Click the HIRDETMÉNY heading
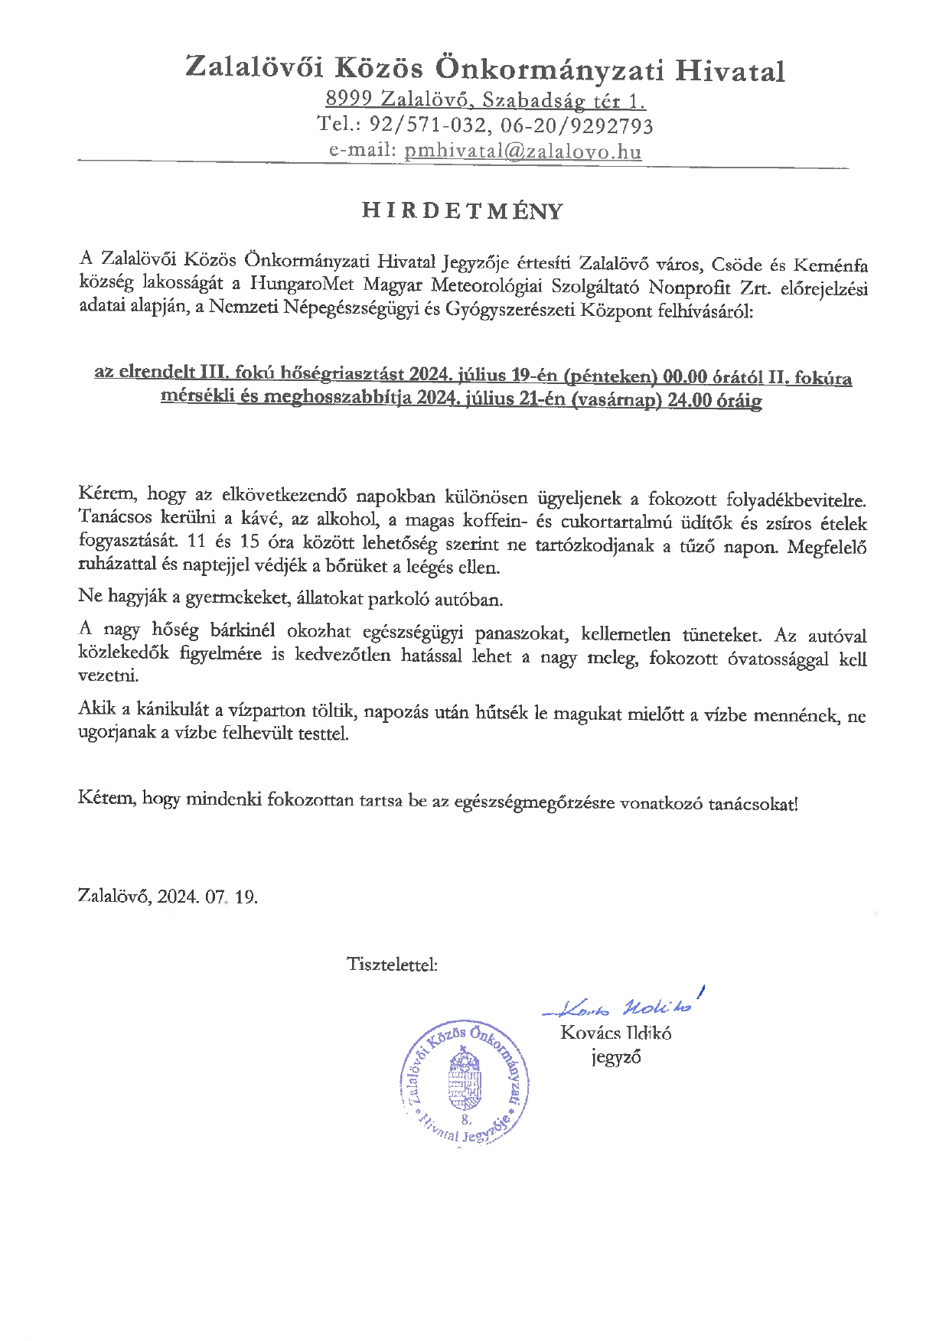[x=462, y=211]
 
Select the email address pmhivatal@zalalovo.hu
[x=523, y=151]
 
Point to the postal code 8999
[x=348, y=99]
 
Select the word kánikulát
[x=174, y=709]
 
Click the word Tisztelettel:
[x=392, y=964]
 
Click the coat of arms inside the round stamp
[x=465, y=1078]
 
